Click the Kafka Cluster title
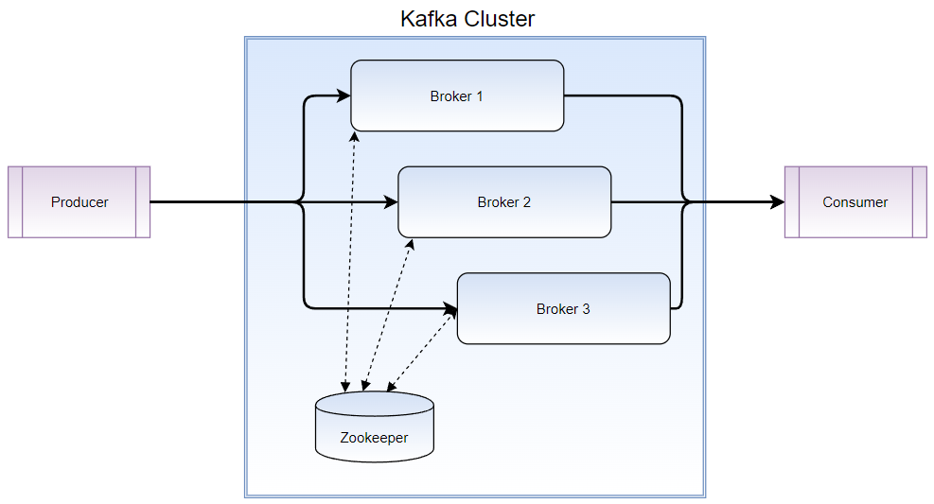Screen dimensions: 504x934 click(x=467, y=19)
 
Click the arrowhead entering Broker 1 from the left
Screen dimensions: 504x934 click(x=344, y=96)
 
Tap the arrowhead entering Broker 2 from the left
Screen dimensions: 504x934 click(x=392, y=202)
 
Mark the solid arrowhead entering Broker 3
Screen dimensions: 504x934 click(x=450, y=308)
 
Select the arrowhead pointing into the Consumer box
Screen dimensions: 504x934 click(x=778, y=202)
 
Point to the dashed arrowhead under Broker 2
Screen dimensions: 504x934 click(x=412, y=242)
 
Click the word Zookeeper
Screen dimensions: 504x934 click(x=375, y=439)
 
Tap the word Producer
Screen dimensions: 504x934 click(x=79, y=202)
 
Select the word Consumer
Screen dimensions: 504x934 click(x=855, y=202)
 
